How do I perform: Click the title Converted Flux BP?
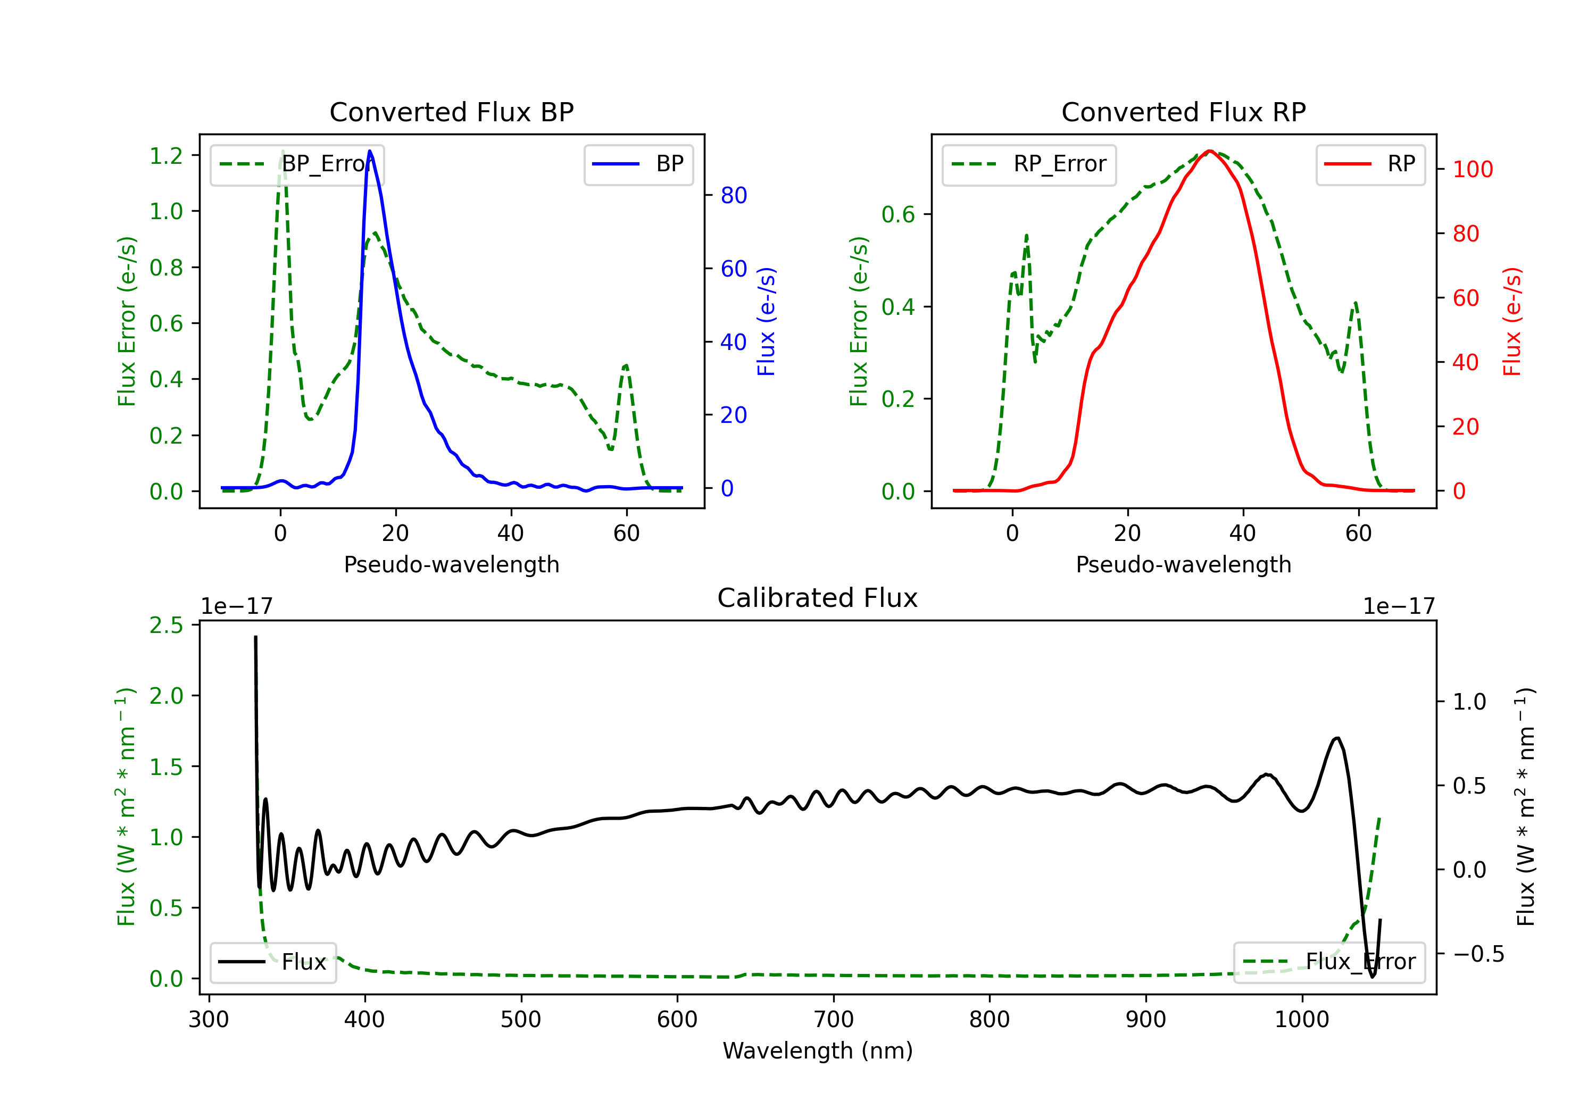[451, 112]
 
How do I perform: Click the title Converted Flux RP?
[1183, 112]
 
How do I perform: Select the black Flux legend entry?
[273, 962]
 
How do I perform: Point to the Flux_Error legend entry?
[1328, 962]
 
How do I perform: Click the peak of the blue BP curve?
[370, 151]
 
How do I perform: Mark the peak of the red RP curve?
[1210, 151]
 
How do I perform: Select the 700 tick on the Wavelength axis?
[834, 1020]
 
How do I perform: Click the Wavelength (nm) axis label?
[818, 1051]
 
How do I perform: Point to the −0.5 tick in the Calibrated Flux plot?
[1478, 954]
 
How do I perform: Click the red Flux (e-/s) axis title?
[1512, 321]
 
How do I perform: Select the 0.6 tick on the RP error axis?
[898, 214]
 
